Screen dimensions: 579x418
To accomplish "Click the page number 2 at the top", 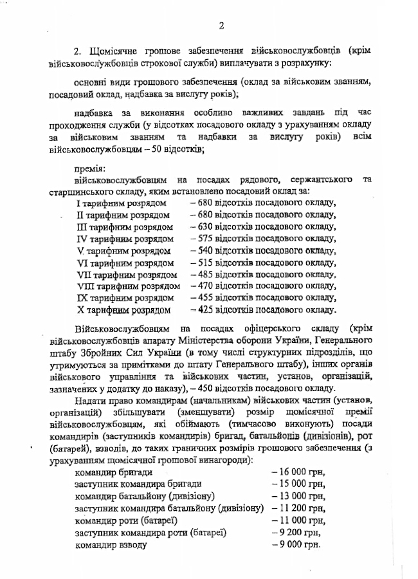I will (221, 26).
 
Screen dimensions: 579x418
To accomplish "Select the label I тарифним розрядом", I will (122, 203).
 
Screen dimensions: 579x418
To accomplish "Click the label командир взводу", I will (111, 544).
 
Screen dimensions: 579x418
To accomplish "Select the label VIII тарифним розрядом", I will (127, 286).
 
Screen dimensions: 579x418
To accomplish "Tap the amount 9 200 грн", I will (295, 533).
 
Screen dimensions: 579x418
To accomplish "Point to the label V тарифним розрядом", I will (123, 251).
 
